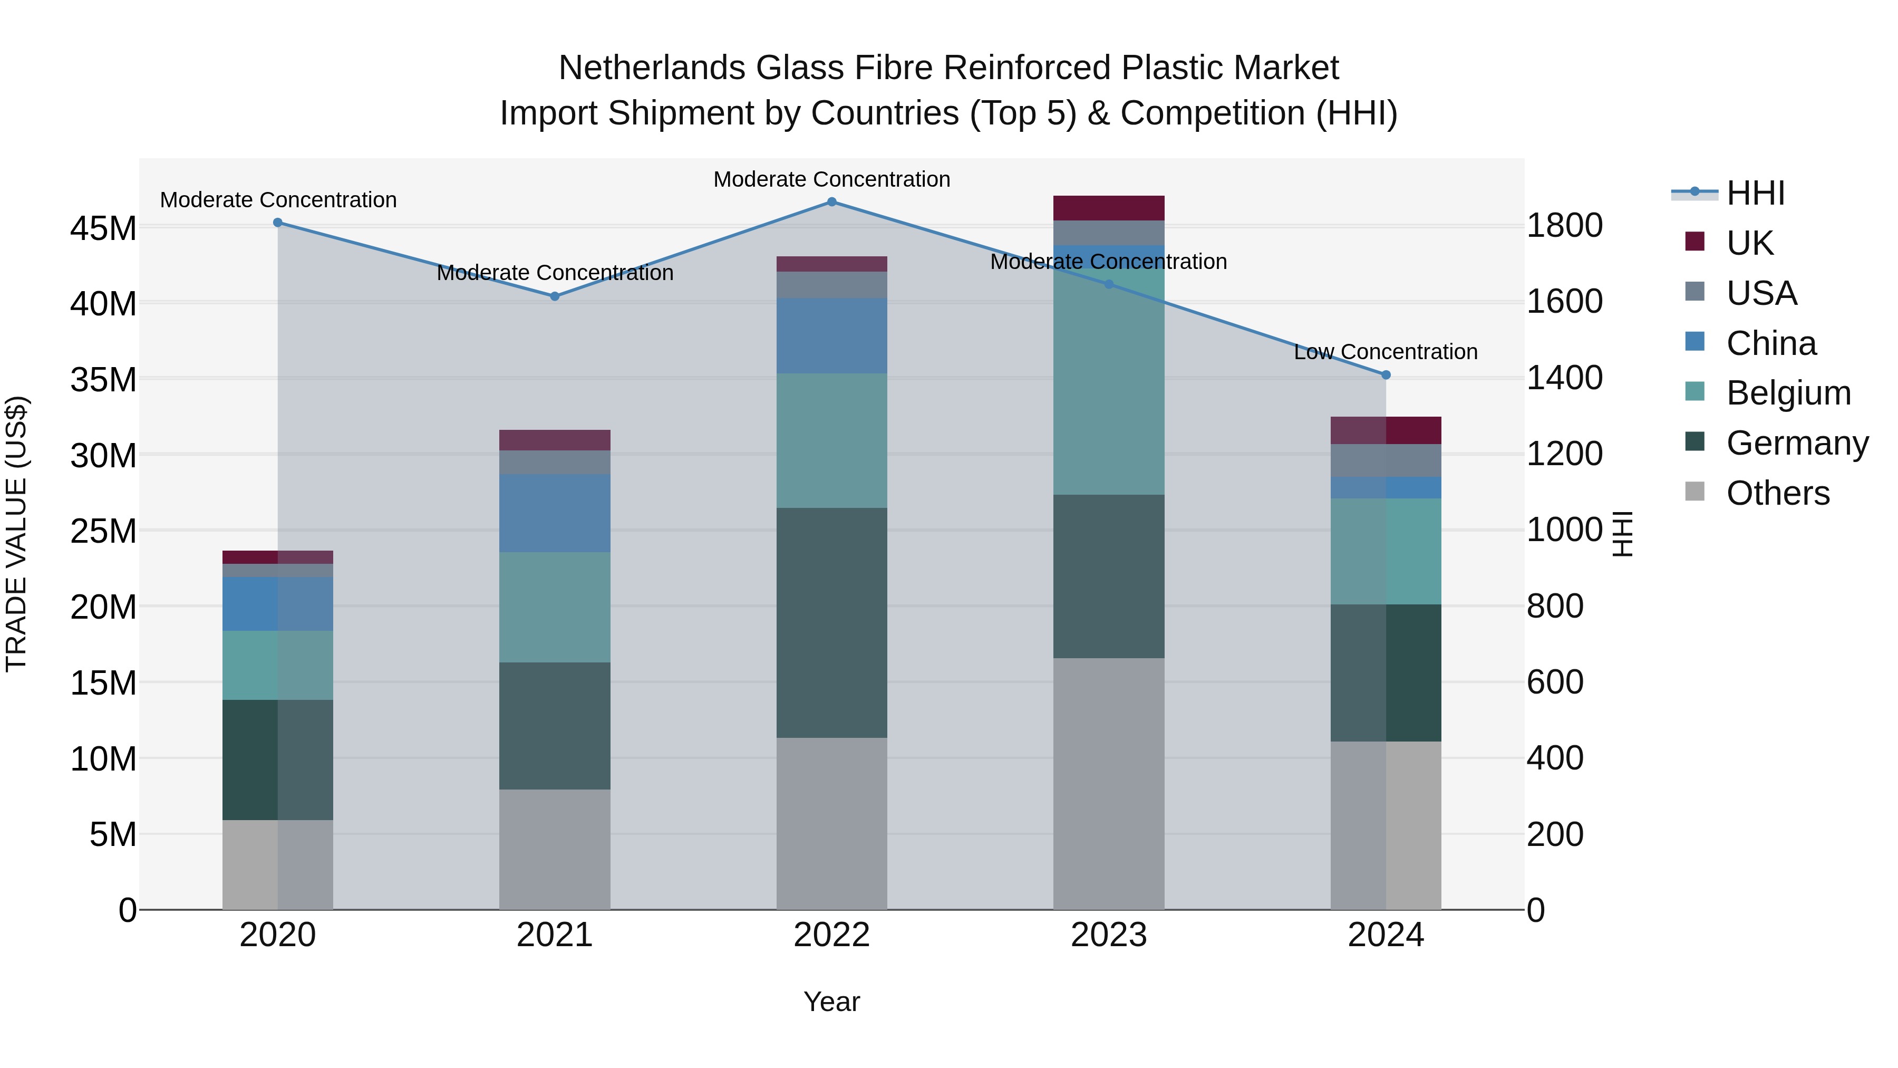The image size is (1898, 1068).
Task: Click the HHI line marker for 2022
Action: pyautogui.click(x=832, y=202)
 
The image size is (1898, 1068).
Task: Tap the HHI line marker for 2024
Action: pyautogui.click(x=1386, y=375)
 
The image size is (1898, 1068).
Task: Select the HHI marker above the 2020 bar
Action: pyautogui.click(x=278, y=223)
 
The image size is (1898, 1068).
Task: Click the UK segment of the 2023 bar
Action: pyautogui.click(x=1109, y=208)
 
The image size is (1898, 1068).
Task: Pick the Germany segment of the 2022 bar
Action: pyautogui.click(x=832, y=623)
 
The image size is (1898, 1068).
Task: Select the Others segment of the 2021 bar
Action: pyautogui.click(x=555, y=849)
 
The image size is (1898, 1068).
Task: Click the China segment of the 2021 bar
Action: pyautogui.click(x=555, y=513)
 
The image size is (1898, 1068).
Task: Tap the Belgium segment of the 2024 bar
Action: pyautogui.click(x=1386, y=551)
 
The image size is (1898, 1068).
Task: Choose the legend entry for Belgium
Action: pyautogui.click(x=1788, y=393)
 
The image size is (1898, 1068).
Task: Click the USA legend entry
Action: pyautogui.click(x=1761, y=293)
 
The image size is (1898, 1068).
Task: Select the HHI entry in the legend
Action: pyautogui.click(x=1755, y=193)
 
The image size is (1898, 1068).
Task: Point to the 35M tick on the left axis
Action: pyautogui.click(x=103, y=380)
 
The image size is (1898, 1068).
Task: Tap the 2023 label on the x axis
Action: pyautogui.click(x=1109, y=935)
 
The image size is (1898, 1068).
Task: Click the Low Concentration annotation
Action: pyautogui.click(x=1386, y=352)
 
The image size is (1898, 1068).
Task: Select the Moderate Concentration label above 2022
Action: pyautogui.click(x=832, y=179)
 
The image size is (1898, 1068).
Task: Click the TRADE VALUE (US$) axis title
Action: pyautogui.click(x=16, y=534)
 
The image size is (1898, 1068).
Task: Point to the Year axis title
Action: pyautogui.click(x=832, y=1002)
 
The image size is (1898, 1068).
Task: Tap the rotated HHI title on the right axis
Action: pyautogui.click(x=1622, y=534)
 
